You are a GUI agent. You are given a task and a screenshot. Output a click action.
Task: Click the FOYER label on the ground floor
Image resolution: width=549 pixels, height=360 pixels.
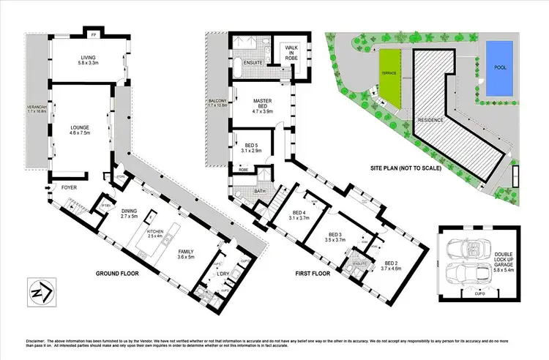point(69,187)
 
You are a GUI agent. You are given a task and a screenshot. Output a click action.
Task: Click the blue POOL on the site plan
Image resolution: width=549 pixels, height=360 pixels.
point(499,67)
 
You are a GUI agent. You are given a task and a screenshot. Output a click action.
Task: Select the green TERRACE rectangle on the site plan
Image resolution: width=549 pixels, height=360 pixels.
point(389,73)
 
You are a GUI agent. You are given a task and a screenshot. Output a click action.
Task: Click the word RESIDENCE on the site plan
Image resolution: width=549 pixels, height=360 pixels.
point(431,119)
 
